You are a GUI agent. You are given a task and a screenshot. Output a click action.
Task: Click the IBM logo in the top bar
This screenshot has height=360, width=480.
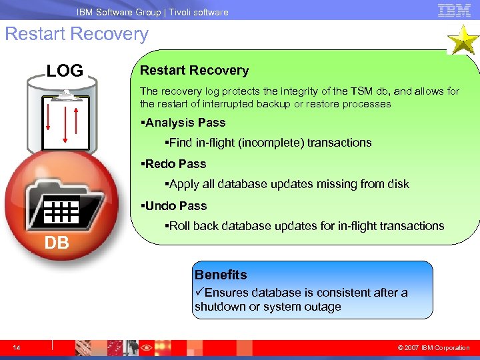[454, 10]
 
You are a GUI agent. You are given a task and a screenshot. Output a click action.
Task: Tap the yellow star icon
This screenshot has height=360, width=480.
[462, 41]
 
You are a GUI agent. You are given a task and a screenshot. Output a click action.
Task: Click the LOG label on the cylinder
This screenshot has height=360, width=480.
[65, 71]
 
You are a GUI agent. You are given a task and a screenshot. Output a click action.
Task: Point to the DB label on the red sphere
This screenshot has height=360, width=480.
[57, 243]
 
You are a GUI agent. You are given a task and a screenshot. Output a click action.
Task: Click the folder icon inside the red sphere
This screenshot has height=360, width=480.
[64, 206]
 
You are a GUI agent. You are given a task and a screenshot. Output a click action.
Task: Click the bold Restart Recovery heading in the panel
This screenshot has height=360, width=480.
[194, 71]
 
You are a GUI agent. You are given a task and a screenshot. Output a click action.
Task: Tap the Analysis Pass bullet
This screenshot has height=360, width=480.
[184, 123]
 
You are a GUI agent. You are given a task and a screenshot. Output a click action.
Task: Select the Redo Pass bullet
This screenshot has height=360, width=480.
[174, 164]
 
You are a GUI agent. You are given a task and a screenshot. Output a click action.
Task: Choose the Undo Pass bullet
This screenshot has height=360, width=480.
[175, 206]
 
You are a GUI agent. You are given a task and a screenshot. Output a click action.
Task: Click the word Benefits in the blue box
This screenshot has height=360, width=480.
[221, 275]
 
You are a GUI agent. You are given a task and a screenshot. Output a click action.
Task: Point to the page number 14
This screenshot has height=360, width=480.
[16, 347]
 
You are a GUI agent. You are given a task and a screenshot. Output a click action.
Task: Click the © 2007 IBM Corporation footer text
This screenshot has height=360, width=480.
[433, 348]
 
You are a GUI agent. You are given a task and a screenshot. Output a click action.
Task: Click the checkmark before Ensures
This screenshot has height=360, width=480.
[199, 293]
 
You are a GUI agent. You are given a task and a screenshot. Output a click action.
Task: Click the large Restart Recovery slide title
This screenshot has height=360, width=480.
[77, 34]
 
